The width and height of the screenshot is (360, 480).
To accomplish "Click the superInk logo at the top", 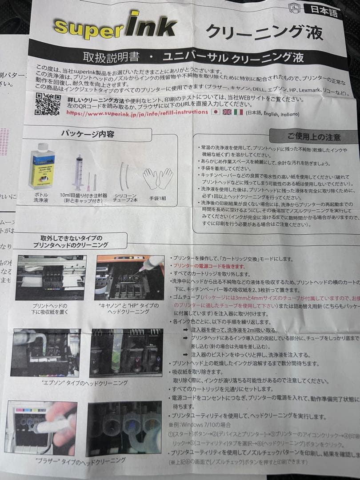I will (x=114, y=25).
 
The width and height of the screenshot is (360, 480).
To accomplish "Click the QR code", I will (x=48, y=104).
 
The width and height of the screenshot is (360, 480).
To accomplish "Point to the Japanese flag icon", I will (x=216, y=112).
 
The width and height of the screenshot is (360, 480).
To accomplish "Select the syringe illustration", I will (x=80, y=173).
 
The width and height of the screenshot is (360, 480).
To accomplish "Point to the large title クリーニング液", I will (x=264, y=32).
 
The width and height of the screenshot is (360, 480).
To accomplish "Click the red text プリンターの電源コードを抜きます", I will (x=209, y=266).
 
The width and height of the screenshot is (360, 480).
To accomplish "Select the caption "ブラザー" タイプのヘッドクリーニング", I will (x=80, y=460).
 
